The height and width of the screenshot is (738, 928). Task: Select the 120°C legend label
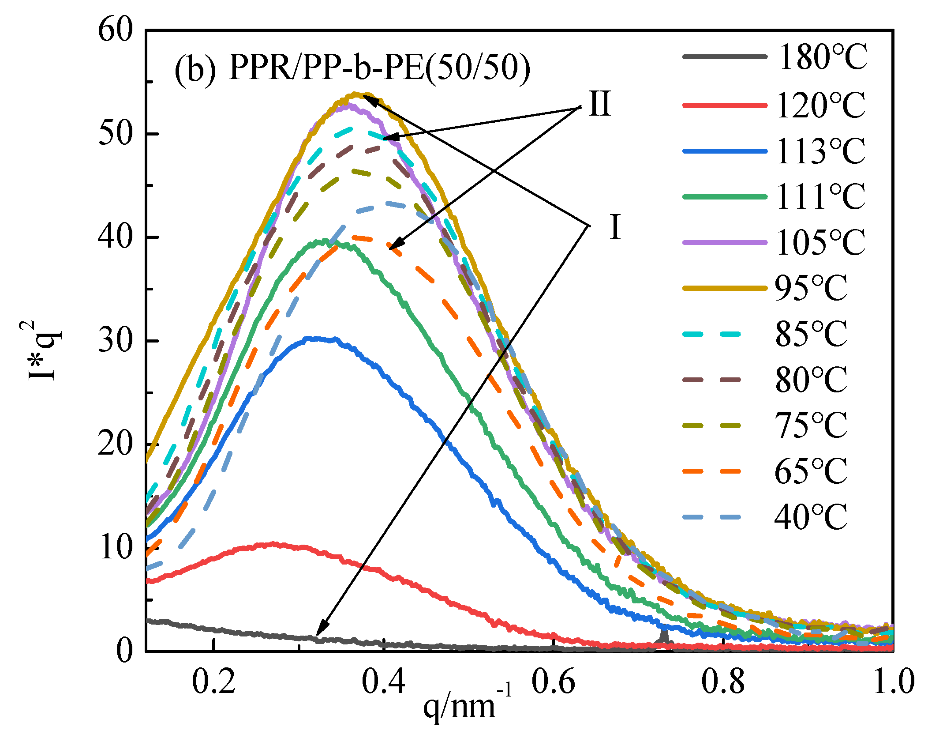point(821,105)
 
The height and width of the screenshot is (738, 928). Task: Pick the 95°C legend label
point(811,288)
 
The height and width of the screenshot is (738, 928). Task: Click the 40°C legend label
point(811,517)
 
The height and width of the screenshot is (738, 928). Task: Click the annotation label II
point(600,104)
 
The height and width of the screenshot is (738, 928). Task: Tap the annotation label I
point(615,227)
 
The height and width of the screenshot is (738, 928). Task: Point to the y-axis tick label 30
point(116,341)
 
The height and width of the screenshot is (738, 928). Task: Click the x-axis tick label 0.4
point(383,682)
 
